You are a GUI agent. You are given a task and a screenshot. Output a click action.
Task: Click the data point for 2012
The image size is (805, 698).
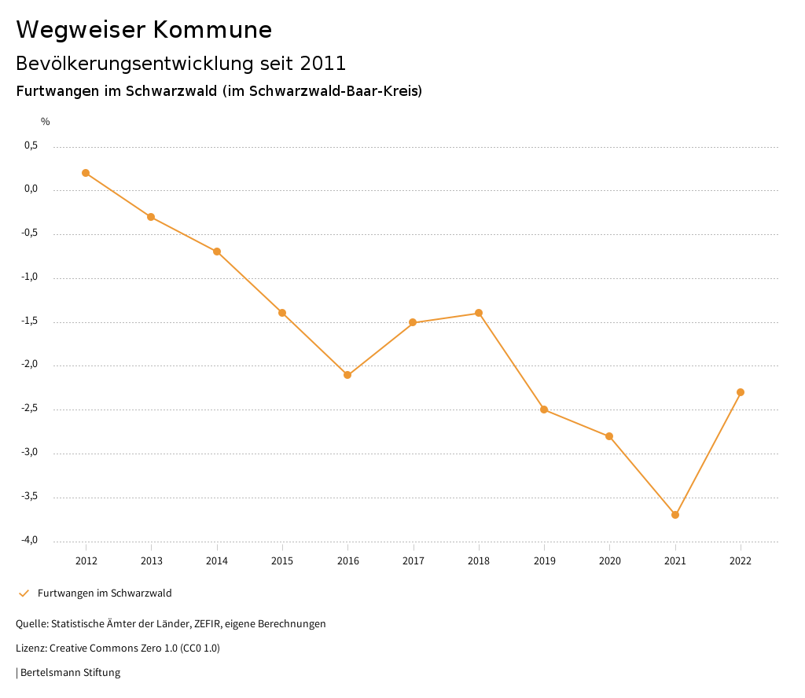pos(86,173)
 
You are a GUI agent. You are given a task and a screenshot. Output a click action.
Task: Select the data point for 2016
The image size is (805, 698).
pos(347,375)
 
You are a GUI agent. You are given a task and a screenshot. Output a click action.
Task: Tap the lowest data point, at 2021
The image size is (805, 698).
pos(675,515)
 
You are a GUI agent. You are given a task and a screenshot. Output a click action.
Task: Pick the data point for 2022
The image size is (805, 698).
pos(741,392)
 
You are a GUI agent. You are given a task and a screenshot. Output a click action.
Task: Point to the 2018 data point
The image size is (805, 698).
pos(479,313)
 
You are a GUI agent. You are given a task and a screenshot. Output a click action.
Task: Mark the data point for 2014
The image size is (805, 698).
pos(217,252)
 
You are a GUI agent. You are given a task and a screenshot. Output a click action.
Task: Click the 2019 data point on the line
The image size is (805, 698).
pos(544,410)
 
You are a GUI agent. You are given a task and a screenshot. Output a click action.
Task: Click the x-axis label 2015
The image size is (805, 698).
pos(282,561)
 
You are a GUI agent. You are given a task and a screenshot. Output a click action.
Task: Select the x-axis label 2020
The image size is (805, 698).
pos(609,561)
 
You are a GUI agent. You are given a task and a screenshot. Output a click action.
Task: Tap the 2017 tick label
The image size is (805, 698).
pos(414,561)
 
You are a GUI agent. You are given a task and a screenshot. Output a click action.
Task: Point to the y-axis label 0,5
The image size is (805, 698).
pos(31,145)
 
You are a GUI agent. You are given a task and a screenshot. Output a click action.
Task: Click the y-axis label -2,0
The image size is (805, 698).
pos(29,365)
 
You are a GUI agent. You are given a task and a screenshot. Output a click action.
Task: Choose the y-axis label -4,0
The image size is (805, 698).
pos(29,540)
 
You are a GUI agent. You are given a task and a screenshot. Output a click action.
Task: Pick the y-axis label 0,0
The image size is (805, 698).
pos(31,189)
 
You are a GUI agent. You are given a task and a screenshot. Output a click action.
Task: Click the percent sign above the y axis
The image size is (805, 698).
pos(46,122)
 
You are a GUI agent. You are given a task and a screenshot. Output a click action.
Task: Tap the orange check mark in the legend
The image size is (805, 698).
pos(24,593)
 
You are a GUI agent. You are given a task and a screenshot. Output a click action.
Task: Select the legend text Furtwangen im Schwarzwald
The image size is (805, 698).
pos(105,593)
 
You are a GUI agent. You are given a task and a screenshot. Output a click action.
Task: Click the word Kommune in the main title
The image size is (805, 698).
pos(212,30)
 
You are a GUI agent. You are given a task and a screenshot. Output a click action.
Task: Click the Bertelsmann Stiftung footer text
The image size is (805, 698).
pos(70,673)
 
